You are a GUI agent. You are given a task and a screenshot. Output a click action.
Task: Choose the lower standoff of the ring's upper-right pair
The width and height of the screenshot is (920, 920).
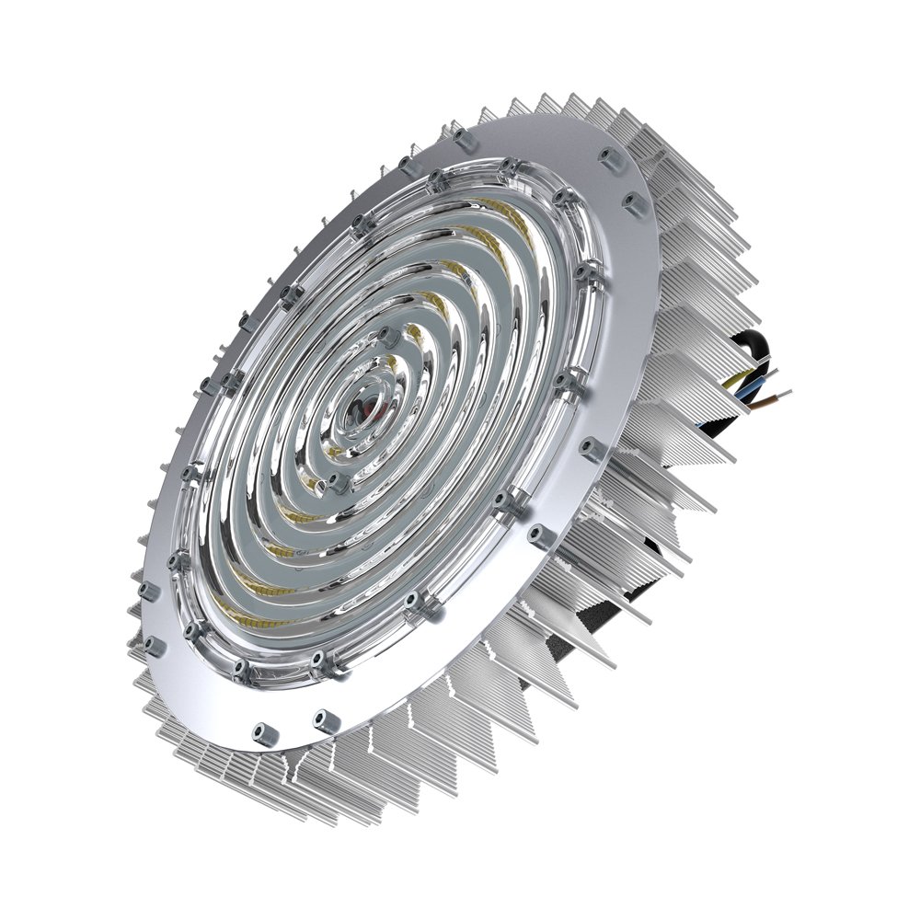633,202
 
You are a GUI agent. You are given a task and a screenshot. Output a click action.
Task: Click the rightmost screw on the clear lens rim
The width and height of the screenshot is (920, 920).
581,271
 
